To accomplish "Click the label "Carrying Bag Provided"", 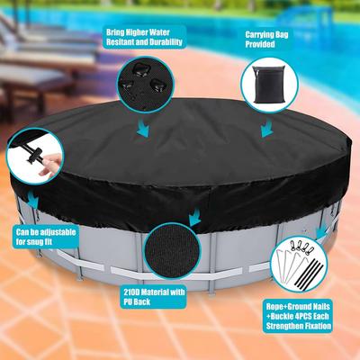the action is tap(266, 39).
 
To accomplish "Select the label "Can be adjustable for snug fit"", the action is tap(46, 237).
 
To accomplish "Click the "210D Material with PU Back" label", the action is tap(154, 297).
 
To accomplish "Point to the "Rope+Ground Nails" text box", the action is tap(298, 316).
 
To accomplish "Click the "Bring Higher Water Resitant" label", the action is tap(144, 37).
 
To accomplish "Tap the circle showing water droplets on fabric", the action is tap(146, 85).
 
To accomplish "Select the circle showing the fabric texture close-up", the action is tap(172, 251).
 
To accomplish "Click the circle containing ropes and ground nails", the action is tap(299, 265).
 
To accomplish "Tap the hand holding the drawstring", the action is tap(50, 164).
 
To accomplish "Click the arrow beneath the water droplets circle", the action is tap(143, 128).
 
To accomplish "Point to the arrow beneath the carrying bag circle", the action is tap(266, 128).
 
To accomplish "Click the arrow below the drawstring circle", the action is tap(32, 200).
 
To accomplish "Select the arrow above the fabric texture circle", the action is tap(195, 218).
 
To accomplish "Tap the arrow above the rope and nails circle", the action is tap(321, 230).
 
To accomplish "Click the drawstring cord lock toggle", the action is tap(34, 154).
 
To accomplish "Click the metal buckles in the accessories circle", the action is tap(301, 247).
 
